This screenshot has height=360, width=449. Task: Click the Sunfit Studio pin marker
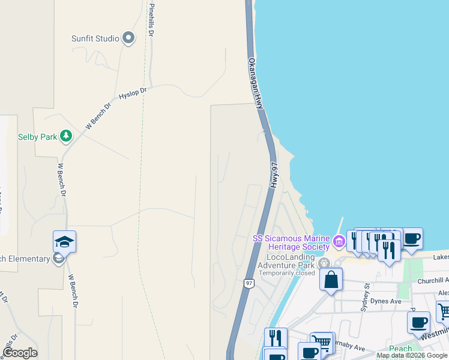[x=128, y=39]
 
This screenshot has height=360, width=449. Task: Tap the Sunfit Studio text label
[x=95, y=39]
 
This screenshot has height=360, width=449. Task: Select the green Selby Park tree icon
[x=66, y=137]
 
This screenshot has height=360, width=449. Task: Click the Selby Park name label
[x=37, y=137]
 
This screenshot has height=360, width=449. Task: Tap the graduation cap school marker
[x=64, y=242]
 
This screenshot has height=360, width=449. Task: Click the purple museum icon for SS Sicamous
[x=339, y=242]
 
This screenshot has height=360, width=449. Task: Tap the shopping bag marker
[x=331, y=280]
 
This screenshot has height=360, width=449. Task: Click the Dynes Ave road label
[x=385, y=301]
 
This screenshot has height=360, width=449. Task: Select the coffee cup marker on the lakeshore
[x=411, y=239]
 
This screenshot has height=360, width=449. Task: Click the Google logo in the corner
[x=20, y=353]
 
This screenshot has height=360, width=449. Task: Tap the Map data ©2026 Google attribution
[x=412, y=356]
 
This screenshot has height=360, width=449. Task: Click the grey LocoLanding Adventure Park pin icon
[x=324, y=263]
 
